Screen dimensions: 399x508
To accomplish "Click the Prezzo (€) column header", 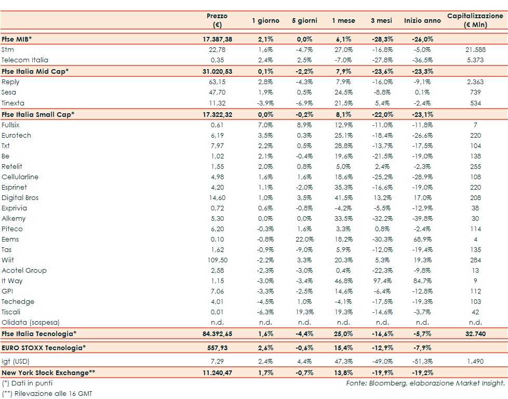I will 217,21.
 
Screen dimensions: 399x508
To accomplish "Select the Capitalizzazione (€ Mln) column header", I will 475,21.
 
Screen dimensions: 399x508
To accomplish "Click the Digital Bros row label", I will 20,197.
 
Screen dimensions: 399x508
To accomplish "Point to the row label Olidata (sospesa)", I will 31,322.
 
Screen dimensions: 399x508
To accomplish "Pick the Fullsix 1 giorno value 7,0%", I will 265,125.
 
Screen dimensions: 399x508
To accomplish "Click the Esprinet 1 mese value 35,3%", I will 343,187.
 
